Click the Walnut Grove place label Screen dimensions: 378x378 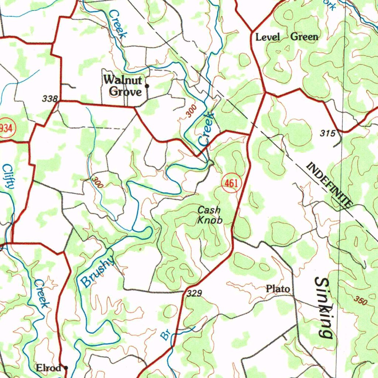(x=123, y=85)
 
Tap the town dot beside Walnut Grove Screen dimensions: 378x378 (x=147, y=86)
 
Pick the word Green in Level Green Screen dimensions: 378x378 (x=304, y=37)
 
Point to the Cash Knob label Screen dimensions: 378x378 (x=210, y=215)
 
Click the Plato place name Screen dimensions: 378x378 (x=278, y=289)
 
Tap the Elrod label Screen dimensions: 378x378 (x=48, y=368)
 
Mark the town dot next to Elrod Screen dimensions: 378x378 (x=66, y=368)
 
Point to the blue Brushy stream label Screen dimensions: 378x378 (x=97, y=272)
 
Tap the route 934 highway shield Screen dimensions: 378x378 (x=6, y=128)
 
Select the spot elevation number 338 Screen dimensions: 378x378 (x=50, y=99)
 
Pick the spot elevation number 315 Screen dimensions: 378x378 (x=327, y=133)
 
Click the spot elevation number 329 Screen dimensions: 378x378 (x=194, y=293)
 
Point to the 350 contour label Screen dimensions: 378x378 (x=360, y=300)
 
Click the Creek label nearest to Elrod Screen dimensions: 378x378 (x=41, y=293)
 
